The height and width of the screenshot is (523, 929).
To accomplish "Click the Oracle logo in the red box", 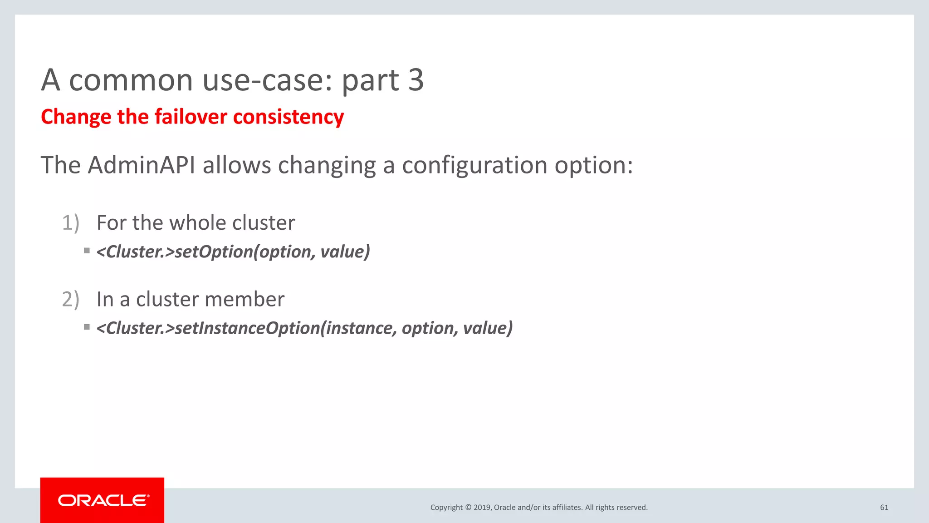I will click(103, 500).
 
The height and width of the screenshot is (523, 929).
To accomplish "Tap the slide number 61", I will click(884, 508).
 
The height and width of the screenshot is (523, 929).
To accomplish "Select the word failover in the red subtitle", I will click(191, 117).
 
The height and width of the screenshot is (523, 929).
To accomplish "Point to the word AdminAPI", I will click(142, 165).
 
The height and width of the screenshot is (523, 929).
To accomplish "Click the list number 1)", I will click(71, 223).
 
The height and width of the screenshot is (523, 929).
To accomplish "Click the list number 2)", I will click(71, 300).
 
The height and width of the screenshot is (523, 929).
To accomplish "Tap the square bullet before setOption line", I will click(87, 251).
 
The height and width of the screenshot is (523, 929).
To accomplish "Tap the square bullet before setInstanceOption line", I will click(87, 327).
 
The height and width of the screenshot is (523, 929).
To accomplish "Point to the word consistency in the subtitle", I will click(288, 117).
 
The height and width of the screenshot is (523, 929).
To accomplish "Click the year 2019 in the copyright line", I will click(482, 508).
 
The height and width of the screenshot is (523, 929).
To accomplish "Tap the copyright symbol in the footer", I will click(468, 508).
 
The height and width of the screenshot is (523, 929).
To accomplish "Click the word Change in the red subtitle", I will click(76, 117).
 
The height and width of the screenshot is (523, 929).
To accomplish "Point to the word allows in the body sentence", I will click(236, 165).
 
